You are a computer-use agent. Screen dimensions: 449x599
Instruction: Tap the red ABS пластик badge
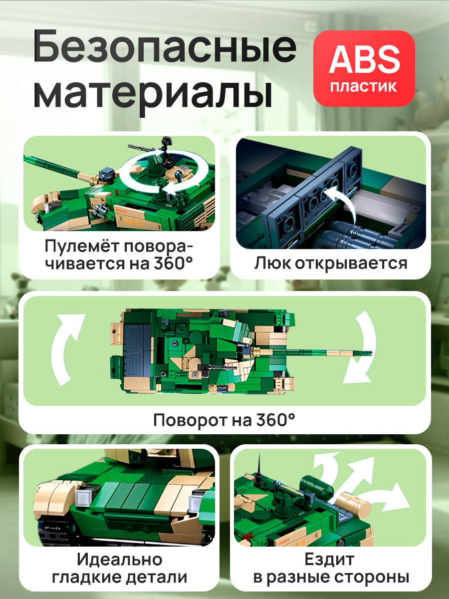(x=364, y=68)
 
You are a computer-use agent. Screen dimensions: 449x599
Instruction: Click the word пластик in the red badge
(x=364, y=87)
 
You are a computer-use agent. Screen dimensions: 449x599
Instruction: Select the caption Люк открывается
(x=331, y=264)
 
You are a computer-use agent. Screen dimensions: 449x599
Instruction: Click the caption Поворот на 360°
(x=224, y=420)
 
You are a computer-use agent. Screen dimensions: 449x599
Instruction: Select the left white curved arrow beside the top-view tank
(x=66, y=350)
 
